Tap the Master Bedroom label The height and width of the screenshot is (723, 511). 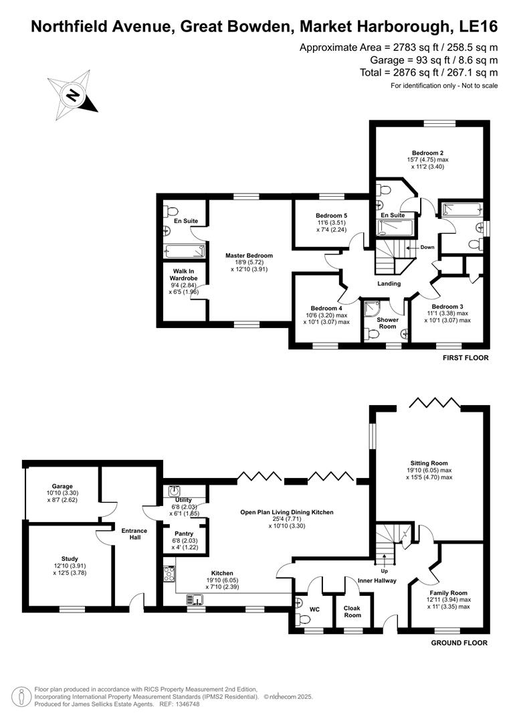pyautogui.click(x=249, y=256)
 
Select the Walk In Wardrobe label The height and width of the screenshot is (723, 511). pyautogui.click(x=180, y=274)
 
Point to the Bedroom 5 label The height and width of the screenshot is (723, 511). pyautogui.click(x=331, y=216)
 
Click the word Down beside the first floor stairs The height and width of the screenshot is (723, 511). pyautogui.click(x=427, y=247)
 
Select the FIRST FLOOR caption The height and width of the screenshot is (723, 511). pyautogui.click(x=466, y=358)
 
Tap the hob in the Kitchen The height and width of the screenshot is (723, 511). pyautogui.click(x=169, y=574)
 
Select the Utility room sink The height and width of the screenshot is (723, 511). pyautogui.click(x=175, y=491)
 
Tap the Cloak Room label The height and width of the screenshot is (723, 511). pyautogui.click(x=352, y=612)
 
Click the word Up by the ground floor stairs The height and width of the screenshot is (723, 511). pyautogui.click(x=384, y=572)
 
